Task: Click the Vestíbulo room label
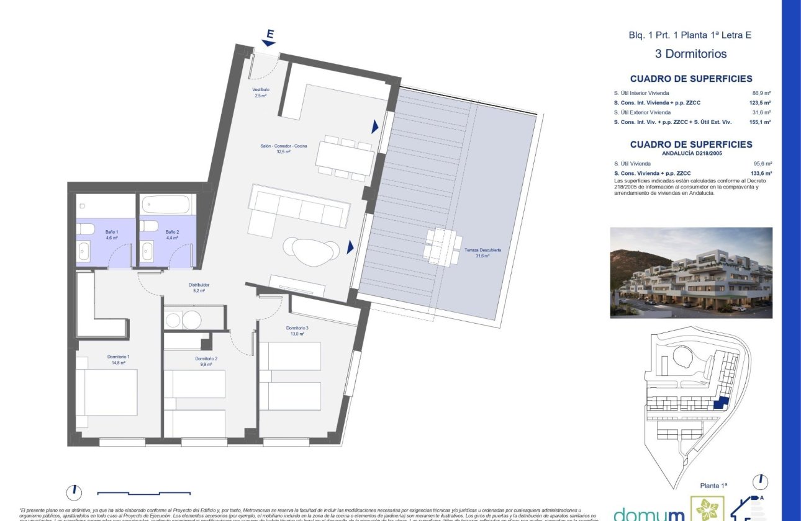coord(260,90)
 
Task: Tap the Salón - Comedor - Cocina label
coord(284,146)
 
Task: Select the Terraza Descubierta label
coord(483,250)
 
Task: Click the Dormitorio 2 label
coord(206,359)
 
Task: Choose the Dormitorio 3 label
coord(297,328)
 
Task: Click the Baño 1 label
coord(111,231)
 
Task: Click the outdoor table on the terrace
coord(441,247)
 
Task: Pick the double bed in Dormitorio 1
coord(106,391)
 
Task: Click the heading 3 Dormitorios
coord(690,54)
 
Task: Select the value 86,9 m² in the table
coord(761,93)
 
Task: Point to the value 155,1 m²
coord(760,122)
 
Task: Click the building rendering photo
coord(691,272)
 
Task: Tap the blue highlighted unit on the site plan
coord(720,403)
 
